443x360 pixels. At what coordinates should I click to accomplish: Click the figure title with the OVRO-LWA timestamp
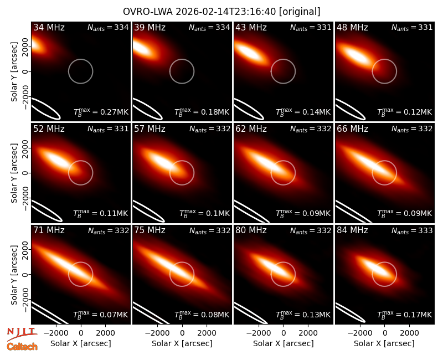point(221,12)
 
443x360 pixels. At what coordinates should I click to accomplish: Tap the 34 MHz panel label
point(49,27)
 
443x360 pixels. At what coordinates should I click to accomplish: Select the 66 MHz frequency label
point(352,129)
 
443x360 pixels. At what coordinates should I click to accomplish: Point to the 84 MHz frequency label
point(352,230)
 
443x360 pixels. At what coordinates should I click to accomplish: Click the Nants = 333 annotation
point(412,231)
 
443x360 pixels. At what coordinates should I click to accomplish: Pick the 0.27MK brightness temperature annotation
point(101,112)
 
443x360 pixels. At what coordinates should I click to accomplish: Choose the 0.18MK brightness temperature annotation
point(202,112)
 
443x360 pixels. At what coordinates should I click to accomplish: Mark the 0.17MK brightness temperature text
point(405,314)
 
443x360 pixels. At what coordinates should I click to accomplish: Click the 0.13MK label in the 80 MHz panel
point(303,314)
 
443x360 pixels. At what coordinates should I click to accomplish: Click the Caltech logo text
point(22,347)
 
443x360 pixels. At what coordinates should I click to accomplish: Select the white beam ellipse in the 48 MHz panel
point(350,109)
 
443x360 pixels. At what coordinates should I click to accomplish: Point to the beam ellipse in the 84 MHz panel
point(350,313)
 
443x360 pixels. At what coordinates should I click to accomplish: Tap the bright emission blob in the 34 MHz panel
point(37,45)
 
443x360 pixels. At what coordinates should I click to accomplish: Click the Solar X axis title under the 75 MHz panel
point(182,343)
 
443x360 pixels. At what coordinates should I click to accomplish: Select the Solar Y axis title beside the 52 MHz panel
point(14,173)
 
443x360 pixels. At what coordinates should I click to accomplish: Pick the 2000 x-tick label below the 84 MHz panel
point(409,333)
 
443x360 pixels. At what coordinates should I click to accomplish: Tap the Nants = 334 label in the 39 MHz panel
point(209,28)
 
